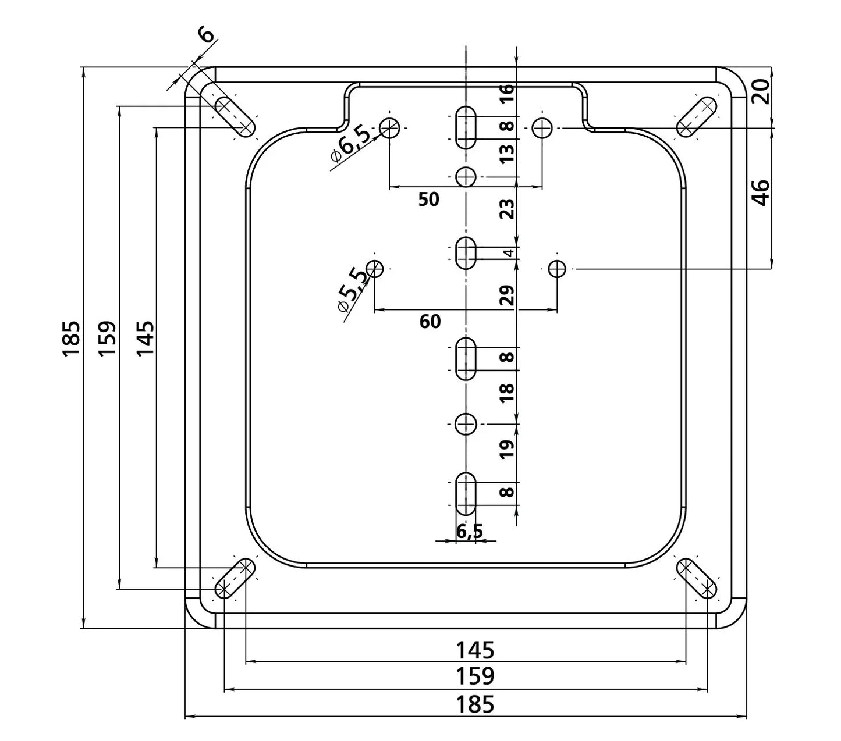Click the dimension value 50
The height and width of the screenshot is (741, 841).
428,199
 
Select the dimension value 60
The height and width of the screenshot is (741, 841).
430,322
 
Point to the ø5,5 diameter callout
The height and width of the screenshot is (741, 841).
353,289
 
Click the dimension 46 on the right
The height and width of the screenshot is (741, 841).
761,193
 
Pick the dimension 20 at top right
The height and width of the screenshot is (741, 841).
761,91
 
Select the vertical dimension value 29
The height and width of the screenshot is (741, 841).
507,295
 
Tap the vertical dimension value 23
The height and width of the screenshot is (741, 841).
507,209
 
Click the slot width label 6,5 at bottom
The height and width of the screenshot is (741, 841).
470,530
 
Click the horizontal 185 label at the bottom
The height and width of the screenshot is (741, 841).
475,704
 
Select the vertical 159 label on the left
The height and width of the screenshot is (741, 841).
107,338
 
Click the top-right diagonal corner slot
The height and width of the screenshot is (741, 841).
697,116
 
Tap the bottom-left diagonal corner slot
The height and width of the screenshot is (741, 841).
235,578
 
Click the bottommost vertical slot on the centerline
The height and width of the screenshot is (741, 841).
466,494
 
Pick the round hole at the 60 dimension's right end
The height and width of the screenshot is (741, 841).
556,269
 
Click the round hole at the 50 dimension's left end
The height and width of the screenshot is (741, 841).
389,128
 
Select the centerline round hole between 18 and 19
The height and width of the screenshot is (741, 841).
466,424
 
